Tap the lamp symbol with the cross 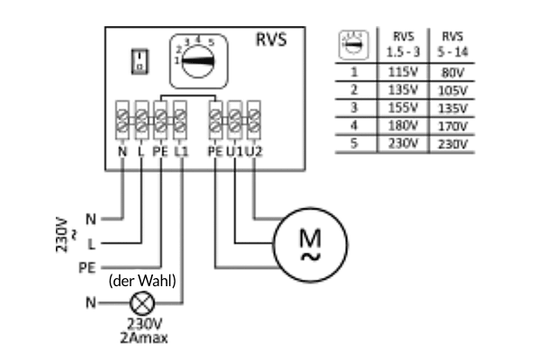pyautogui.click(x=142, y=303)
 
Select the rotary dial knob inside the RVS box pyautogui.click(x=197, y=62)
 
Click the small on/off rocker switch pyautogui.click(x=139, y=62)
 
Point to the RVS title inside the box pyautogui.click(x=271, y=40)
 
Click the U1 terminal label pyautogui.click(x=235, y=151)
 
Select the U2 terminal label pyautogui.click(x=254, y=151)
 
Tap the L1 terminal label pyautogui.click(x=181, y=151)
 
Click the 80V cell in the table pyautogui.click(x=453, y=73)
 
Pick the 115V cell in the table pyautogui.click(x=403, y=72)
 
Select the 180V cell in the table pyautogui.click(x=403, y=125)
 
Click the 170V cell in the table pyautogui.click(x=453, y=126)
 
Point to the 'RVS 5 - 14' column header pyautogui.click(x=453, y=44)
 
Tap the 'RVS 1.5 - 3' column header pyautogui.click(x=403, y=44)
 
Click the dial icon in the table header pyautogui.click(x=354, y=45)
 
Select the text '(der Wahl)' pyautogui.click(x=142, y=281)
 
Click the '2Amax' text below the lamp pyautogui.click(x=144, y=338)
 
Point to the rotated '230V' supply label pyautogui.click(x=61, y=235)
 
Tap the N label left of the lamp pyautogui.click(x=91, y=302)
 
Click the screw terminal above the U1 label pyautogui.click(x=235, y=120)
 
